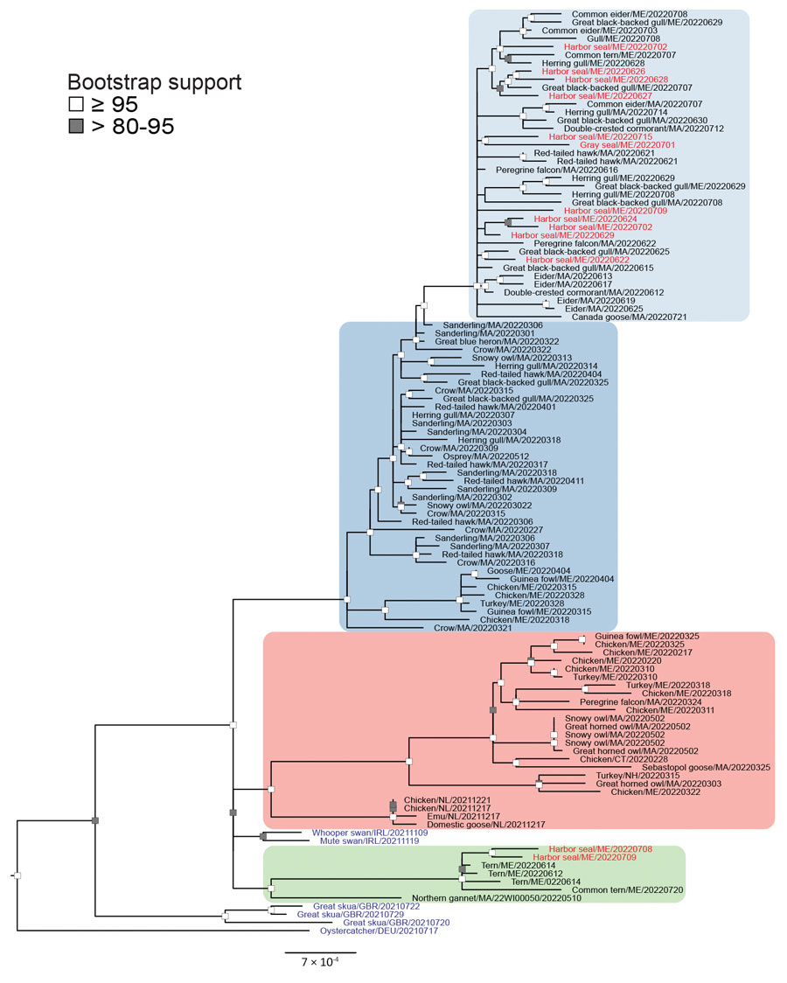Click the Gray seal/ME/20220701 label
click(x=618, y=145)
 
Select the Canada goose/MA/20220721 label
click(x=629, y=317)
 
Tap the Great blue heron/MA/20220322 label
click(x=497, y=342)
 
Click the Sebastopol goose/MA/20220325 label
click(x=707, y=767)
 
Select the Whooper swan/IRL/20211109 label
click(x=370, y=833)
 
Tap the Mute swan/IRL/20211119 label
click(x=370, y=840)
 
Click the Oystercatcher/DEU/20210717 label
click(x=380, y=931)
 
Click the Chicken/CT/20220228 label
click(x=615, y=759)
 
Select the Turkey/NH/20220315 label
click(x=629, y=776)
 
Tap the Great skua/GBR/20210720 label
click(x=396, y=923)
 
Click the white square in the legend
click(x=76, y=103)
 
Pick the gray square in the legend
click(x=76, y=126)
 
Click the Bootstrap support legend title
click(x=154, y=82)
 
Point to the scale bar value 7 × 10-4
click(x=320, y=962)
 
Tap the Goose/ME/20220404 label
click(x=529, y=571)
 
